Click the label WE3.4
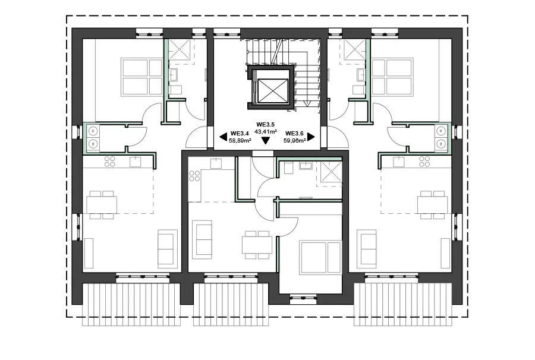239,134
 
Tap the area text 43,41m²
266,131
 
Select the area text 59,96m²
295,141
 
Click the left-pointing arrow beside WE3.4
223,137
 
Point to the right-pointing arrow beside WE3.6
311,137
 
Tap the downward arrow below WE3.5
266,141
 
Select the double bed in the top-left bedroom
141,77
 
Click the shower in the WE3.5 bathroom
328,172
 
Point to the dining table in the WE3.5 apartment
257,244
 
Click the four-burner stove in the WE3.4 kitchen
109,161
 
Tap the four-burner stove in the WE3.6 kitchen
424,161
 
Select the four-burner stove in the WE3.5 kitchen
194,176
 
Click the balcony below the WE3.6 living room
402,302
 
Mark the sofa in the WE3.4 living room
167,248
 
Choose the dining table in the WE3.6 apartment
432,204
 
